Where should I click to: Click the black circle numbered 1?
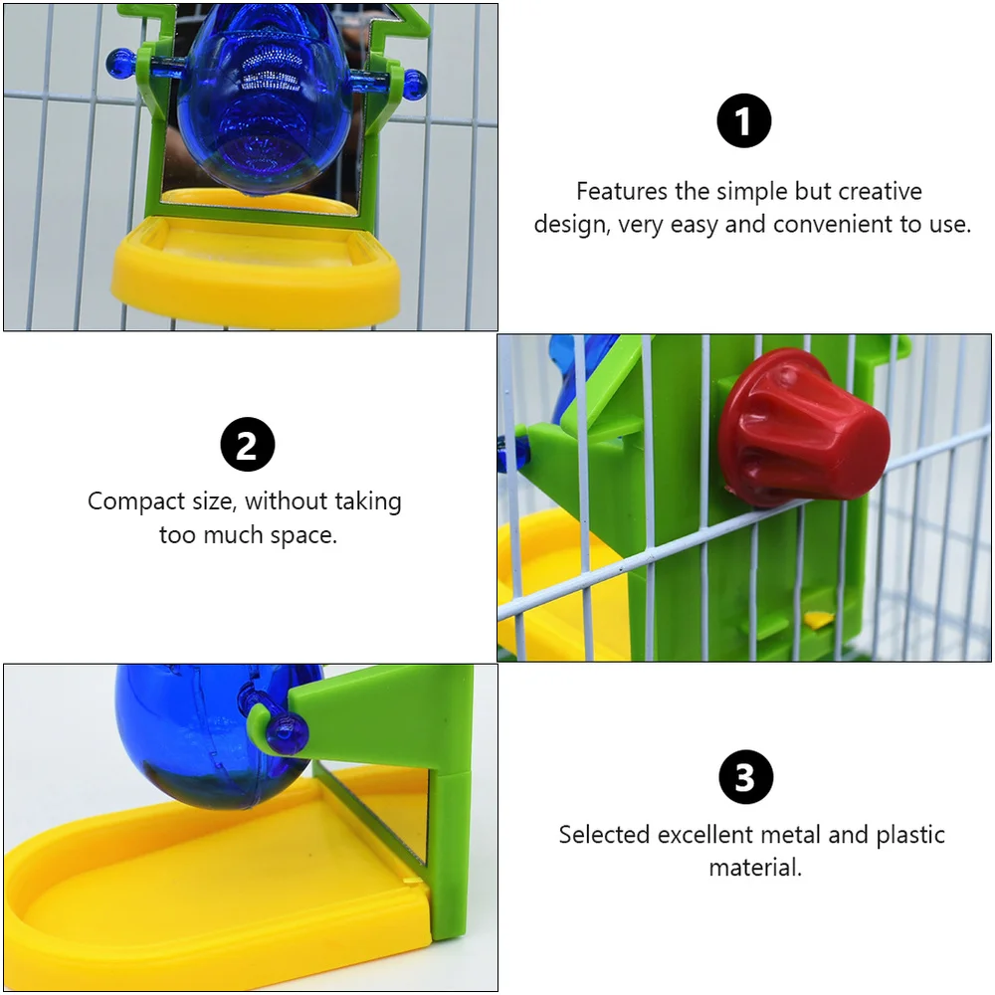coord(744,121)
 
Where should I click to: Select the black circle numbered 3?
coord(744,777)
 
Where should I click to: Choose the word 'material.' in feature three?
coord(755,867)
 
